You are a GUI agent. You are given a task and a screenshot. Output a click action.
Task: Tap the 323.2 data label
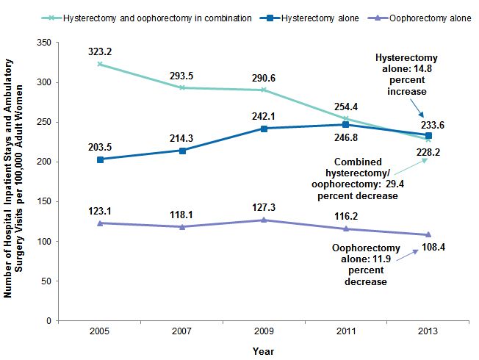[x=100, y=51]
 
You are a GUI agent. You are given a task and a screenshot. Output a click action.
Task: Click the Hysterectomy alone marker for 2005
[x=100, y=159]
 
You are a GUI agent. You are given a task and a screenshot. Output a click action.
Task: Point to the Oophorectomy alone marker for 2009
[x=264, y=220]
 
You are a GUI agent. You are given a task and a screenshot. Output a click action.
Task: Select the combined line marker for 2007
[x=182, y=87]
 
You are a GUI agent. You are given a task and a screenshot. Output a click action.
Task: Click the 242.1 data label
[x=264, y=115]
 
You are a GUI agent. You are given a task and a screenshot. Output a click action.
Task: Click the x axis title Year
[x=264, y=351]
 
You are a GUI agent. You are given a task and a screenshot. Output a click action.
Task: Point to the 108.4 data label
[x=433, y=246]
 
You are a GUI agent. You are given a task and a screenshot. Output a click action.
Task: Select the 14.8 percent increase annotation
[x=406, y=75]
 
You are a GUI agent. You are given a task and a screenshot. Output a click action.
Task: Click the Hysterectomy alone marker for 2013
[x=428, y=136]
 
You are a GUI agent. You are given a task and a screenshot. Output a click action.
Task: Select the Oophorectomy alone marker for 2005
[x=100, y=223]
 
